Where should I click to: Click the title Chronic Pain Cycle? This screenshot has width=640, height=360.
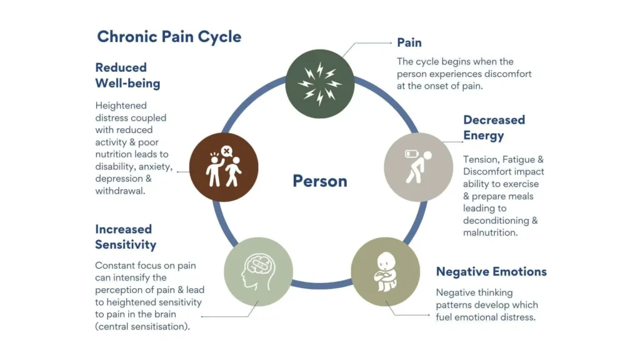tap(169, 36)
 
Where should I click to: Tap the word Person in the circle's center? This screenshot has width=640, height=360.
tap(319, 181)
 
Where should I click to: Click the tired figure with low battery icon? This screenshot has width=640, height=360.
tap(417, 167)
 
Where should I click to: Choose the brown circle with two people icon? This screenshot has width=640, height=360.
tap(223, 167)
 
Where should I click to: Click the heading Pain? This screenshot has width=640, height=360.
tap(409, 43)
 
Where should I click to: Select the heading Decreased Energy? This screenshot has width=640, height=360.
tap(494, 127)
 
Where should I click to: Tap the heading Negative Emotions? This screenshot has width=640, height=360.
tap(491, 272)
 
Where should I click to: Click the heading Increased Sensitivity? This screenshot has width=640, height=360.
tap(126, 237)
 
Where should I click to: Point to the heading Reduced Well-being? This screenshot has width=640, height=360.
tap(127, 75)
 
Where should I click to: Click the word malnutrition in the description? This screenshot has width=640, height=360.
tap(491, 232)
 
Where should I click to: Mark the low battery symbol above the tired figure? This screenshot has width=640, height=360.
tap(411, 153)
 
